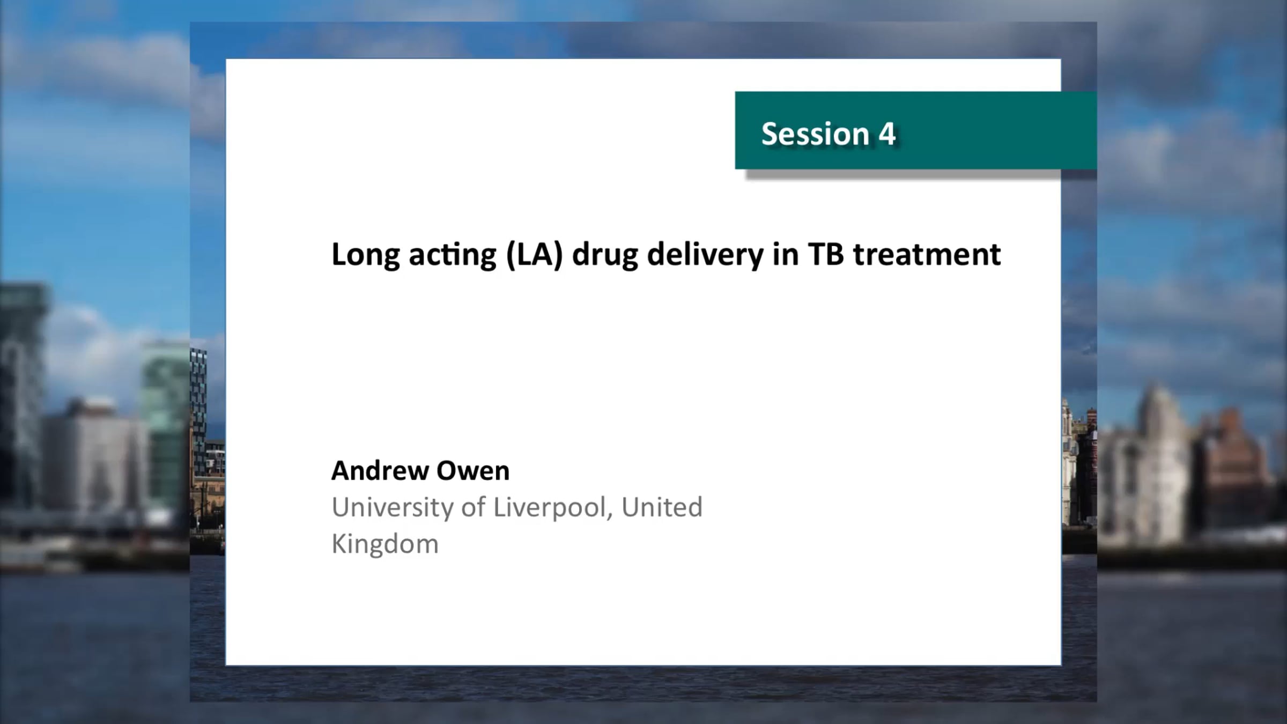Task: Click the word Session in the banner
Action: pos(815,134)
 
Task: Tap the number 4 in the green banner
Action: pos(887,134)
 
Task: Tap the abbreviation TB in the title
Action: pos(826,254)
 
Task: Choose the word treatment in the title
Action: pos(927,255)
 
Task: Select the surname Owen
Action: pos(473,471)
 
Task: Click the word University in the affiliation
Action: pos(393,508)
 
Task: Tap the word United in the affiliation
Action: pos(662,507)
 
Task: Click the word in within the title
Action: pos(786,254)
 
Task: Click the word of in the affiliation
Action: pos(474,507)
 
